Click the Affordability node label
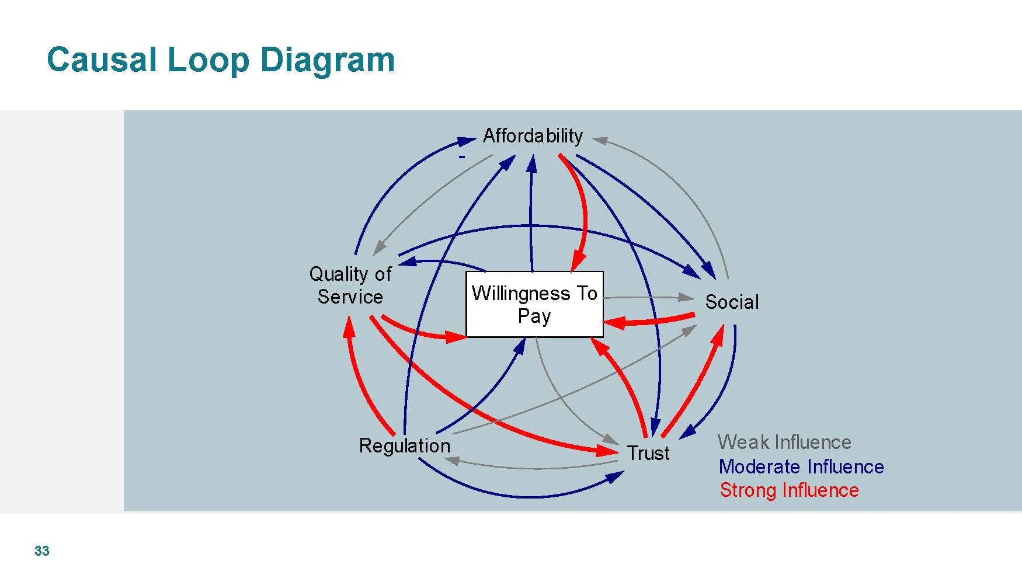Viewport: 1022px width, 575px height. tap(533, 136)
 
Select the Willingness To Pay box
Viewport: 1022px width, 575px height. tap(534, 304)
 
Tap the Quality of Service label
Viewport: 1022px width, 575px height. tap(350, 285)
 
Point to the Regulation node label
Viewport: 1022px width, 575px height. tap(405, 445)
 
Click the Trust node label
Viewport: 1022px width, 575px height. tap(648, 453)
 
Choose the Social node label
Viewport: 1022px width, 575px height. tap(732, 302)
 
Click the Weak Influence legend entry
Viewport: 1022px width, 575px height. tap(784, 442)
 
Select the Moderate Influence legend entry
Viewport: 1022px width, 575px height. tap(801, 466)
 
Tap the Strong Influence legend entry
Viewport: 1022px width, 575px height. tap(789, 490)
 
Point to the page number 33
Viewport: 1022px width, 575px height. tap(42, 551)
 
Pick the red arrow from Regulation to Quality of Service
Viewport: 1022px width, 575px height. tap(362, 385)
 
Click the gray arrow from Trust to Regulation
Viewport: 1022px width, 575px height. tap(531, 468)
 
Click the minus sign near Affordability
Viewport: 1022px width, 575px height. tap(462, 156)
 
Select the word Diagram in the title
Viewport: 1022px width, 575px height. tap(327, 60)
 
